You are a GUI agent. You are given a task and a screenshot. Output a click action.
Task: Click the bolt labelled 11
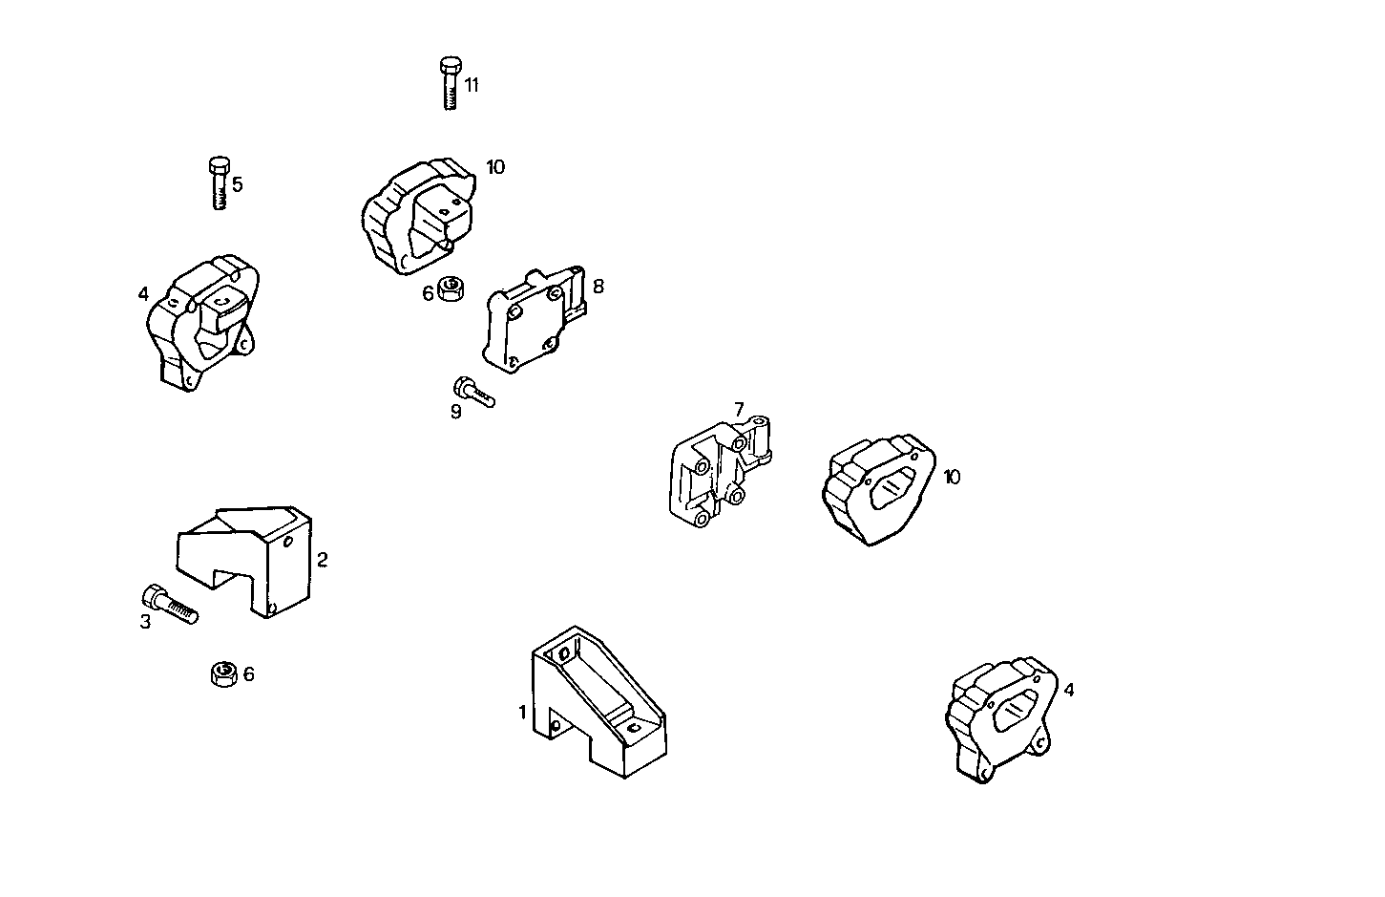pos(451,83)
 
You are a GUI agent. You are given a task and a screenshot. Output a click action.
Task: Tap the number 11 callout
pos(472,85)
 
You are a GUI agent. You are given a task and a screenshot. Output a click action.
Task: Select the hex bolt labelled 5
pos(219,182)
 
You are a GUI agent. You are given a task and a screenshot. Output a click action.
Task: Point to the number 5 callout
pos(238,184)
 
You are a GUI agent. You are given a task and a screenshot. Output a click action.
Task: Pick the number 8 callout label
pos(598,286)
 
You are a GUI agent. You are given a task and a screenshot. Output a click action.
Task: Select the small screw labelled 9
pos(472,392)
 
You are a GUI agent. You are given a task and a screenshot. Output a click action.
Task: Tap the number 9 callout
pos(456,412)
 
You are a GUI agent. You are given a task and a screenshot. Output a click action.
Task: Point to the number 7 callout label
pos(739,409)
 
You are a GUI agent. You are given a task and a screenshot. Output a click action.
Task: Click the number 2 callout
pos(323,560)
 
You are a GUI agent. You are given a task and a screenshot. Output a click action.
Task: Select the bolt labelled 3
pos(169,604)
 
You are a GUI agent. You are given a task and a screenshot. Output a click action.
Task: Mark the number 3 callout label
pos(145,623)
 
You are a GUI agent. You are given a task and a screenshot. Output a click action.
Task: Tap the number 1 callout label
pos(522,712)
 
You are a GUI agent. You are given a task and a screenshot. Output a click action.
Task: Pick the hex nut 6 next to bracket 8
pos(451,288)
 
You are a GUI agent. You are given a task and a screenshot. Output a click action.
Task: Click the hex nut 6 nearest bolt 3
pos(223,674)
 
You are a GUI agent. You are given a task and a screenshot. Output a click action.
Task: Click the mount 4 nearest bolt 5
pos(202,320)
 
